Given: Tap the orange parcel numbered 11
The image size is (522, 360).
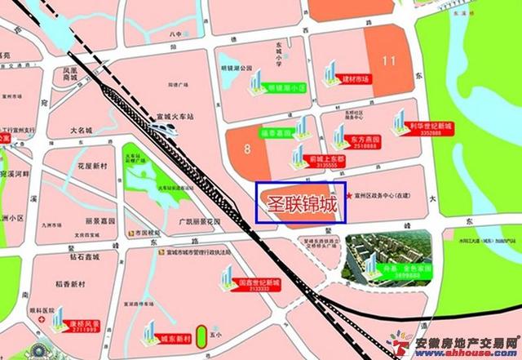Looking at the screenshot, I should point(389,59).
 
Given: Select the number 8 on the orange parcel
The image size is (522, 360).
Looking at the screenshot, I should point(246,149).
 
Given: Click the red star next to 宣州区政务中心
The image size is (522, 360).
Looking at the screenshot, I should point(351,197).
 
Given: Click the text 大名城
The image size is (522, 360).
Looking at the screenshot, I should point(84,129).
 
